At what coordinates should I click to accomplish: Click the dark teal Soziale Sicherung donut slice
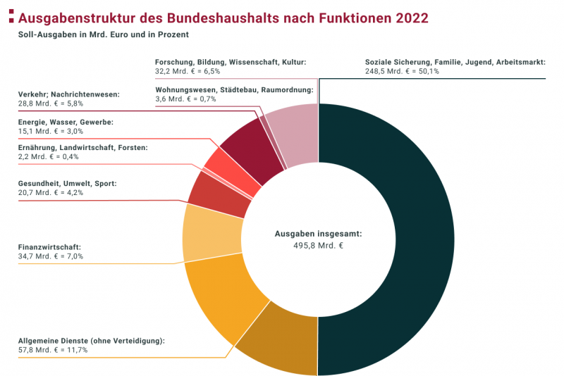pos(395,239)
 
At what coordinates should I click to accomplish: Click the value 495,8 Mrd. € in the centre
pos(319,246)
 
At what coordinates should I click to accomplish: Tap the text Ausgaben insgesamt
pos(318,233)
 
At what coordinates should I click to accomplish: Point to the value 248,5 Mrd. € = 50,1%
pos(402,71)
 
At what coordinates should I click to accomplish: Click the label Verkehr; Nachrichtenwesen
pos(68,94)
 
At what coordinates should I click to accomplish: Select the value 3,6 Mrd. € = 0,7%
pos(185,99)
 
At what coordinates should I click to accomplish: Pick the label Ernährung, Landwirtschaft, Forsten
pos(82,147)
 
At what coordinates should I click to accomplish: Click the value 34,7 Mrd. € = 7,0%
pos(50,256)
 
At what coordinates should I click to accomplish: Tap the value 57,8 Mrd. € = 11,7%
pos(53,350)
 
